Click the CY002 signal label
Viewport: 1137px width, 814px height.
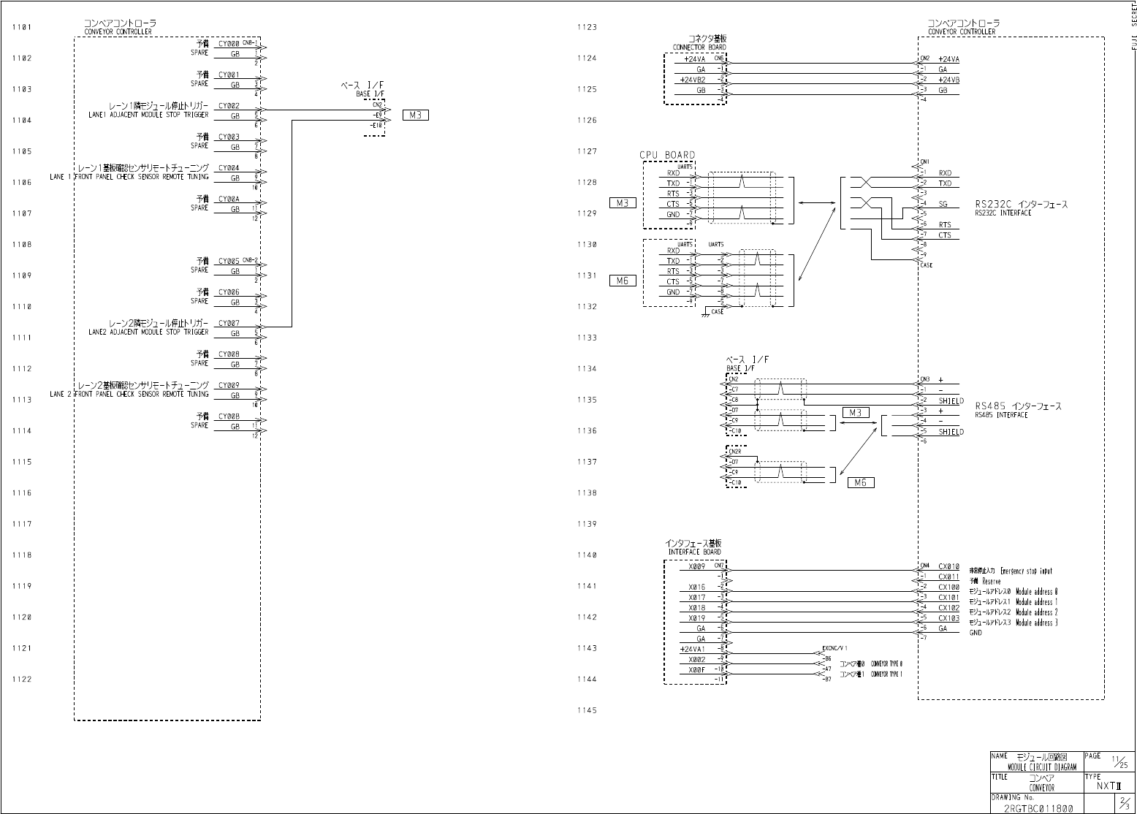tap(229, 106)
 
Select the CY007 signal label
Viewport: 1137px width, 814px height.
tap(229, 323)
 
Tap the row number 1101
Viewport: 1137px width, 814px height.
tap(22, 28)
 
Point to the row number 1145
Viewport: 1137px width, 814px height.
tap(587, 710)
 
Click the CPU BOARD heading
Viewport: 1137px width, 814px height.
tap(667, 155)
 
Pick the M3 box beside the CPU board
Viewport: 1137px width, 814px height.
tap(622, 203)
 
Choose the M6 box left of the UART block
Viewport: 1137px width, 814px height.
tap(622, 281)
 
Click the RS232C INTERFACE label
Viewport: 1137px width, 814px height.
tap(1003, 213)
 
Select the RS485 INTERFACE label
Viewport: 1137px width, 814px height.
tap(1001, 415)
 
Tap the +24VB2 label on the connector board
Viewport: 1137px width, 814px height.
tap(692, 80)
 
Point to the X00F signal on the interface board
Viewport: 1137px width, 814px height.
tap(696, 669)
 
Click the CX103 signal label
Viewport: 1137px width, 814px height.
tap(948, 618)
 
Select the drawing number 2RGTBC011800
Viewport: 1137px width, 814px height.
tap(1038, 808)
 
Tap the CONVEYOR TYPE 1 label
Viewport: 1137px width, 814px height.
tap(886, 674)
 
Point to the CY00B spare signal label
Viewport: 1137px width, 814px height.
tap(229, 416)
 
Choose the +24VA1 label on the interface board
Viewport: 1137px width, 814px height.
tap(692, 649)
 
